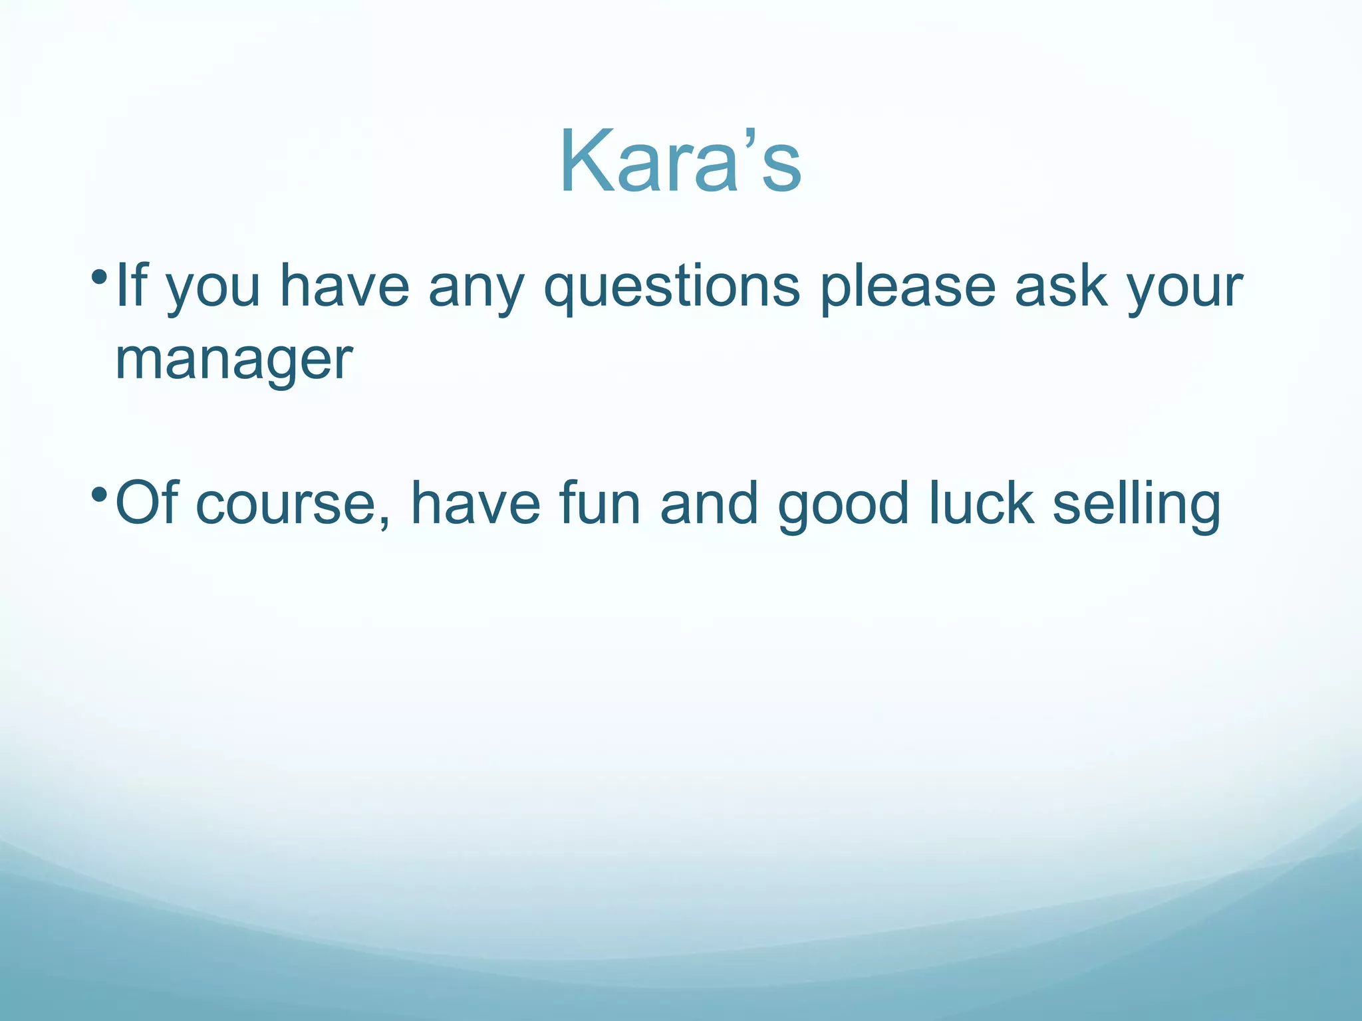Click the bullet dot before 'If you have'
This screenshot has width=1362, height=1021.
pyautogui.click(x=100, y=275)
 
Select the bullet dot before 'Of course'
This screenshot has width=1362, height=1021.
pyautogui.click(x=100, y=494)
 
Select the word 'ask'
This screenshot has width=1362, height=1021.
pyautogui.click(x=1061, y=286)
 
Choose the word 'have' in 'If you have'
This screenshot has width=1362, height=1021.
pyautogui.click(x=344, y=286)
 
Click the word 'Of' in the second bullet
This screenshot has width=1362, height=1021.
pyautogui.click(x=146, y=503)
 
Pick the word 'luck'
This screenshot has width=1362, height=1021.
pyautogui.click(x=981, y=503)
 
